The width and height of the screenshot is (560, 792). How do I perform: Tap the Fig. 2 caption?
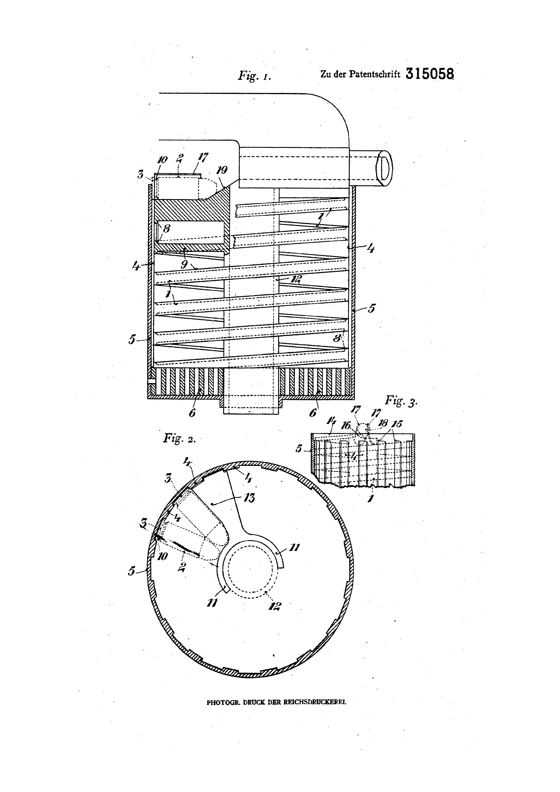click(x=179, y=439)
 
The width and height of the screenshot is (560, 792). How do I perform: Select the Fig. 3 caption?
click(x=401, y=401)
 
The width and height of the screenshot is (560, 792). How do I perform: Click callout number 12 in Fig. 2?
click(x=274, y=606)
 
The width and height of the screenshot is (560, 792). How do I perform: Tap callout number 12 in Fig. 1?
click(x=296, y=279)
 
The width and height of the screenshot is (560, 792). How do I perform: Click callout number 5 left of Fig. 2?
click(x=131, y=571)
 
